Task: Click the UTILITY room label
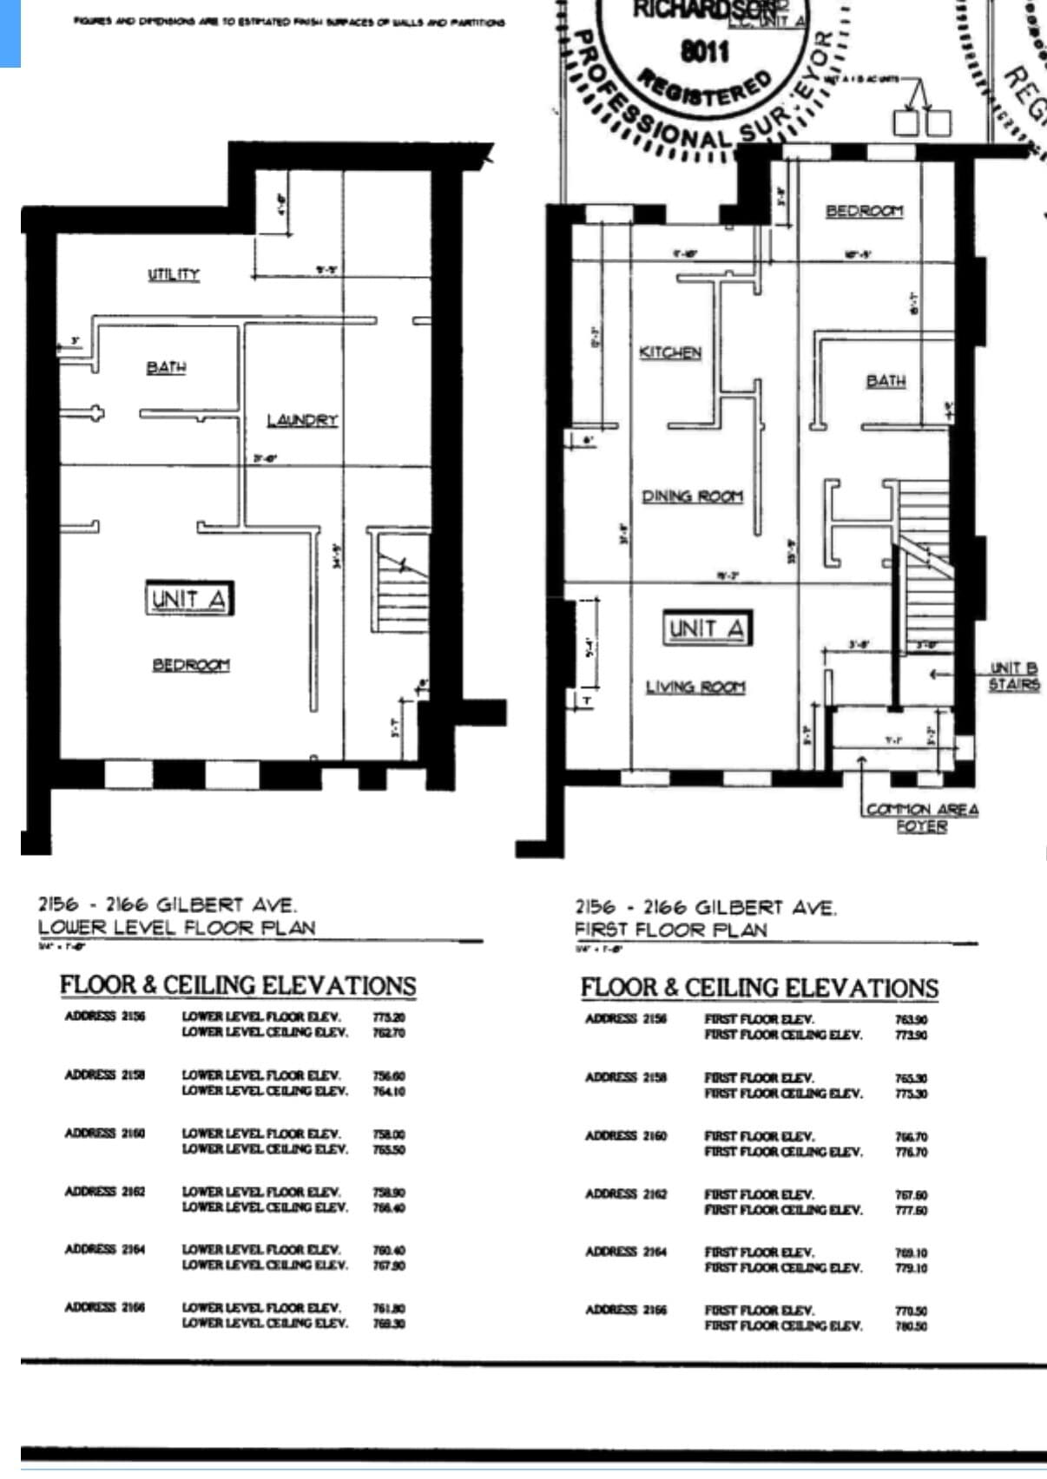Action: (174, 274)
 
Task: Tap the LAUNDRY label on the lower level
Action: (301, 420)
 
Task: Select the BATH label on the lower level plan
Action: (166, 367)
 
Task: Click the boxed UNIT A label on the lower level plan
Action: (189, 599)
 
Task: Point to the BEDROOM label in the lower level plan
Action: (191, 665)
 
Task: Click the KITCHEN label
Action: (670, 352)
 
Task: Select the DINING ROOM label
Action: (692, 496)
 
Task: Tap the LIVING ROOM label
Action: (695, 687)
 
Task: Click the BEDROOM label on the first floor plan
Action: (864, 211)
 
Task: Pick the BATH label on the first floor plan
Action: (886, 380)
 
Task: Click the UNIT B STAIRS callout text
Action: (1013, 676)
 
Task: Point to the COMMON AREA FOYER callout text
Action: (922, 818)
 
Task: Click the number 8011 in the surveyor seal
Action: (704, 51)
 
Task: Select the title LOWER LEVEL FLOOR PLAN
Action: (176, 927)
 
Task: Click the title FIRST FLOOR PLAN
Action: (671, 930)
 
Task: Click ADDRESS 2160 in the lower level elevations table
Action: (104, 1133)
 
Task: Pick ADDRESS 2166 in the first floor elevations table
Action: (625, 1310)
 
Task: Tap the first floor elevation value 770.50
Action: (911, 1311)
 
